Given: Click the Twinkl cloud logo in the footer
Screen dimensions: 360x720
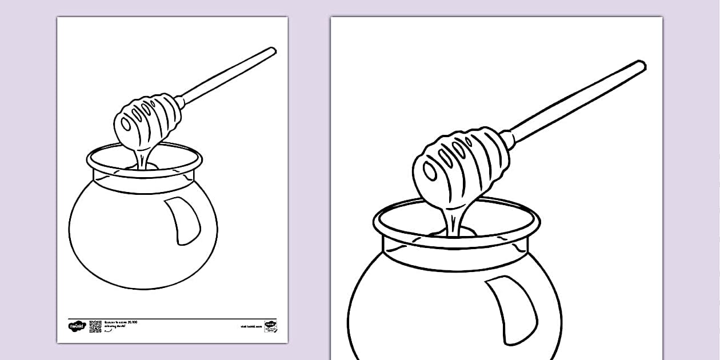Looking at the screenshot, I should click(x=77, y=326).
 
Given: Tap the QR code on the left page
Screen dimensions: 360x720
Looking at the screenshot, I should click(x=95, y=326).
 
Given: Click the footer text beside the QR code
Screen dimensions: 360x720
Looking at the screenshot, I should click(x=121, y=325).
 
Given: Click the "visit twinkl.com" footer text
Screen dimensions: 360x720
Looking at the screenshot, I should click(x=251, y=327).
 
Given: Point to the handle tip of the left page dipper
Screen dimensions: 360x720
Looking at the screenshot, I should click(x=273, y=50).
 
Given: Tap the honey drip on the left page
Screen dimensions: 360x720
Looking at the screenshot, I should click(x=141, y=157).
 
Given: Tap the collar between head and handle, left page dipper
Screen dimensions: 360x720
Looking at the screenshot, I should click(x=180, y=102).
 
